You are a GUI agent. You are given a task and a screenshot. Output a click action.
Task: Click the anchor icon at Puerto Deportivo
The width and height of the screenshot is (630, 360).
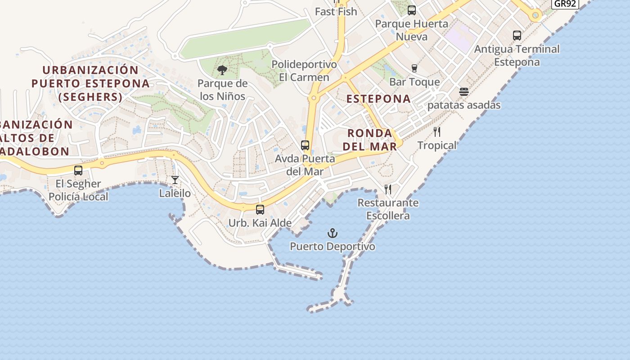pyautogui.click(x=332, y=233)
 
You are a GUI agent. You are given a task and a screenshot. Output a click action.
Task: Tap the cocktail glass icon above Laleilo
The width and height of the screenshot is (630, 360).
pyautogui.click(x=175, y=180)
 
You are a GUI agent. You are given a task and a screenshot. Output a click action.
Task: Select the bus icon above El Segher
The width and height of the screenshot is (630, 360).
pyautogui.click(x=78, y=171)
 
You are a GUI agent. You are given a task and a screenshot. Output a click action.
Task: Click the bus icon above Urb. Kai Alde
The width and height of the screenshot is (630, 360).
pyautogui.click(x=260, y=209)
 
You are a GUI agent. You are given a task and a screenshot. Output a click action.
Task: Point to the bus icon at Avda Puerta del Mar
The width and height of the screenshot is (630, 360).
pyautogui.click(x=305, y=145)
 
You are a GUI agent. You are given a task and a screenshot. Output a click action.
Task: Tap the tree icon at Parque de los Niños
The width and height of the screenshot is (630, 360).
pyautogui.click(x=222, y=70)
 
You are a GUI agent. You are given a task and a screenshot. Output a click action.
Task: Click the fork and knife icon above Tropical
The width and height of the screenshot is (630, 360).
pyautogui.click(x=436, y=132)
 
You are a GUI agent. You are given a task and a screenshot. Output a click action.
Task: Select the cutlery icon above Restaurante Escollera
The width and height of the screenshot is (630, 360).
pyautogui.click(x=388, y=189)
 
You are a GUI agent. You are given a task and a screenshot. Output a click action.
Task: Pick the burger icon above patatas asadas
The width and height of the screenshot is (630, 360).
pyautogui.click(x=464, y=92)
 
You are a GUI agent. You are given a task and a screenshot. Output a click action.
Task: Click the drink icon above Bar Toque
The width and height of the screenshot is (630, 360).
pyautogui.click(x=414, y=68)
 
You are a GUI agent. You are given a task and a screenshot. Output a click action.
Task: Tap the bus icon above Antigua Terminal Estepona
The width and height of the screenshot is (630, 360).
pyautogui.click(x=517, y=36)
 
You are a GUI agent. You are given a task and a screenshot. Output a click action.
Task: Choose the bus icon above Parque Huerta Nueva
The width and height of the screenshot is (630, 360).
pyautogui.click(x=411, y=10)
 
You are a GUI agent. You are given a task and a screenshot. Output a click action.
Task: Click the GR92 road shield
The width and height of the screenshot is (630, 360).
pyautogui.click(x=565, y=4)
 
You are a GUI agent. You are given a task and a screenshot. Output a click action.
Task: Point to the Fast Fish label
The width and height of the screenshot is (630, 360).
pyautogui.click(x=336, y=12)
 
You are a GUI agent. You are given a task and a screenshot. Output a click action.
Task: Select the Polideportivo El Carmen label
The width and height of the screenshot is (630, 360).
pyautogui.click(x=304, y=71)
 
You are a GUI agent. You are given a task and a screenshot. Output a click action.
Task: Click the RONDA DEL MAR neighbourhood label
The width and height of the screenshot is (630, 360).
pyautogui.click(x=370, y=139)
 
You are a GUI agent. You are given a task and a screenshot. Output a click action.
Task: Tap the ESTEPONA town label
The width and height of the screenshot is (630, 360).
pyautogui.click(x=378, y=99)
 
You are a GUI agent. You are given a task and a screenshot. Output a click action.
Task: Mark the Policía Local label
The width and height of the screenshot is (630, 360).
pyautogui.click(x=78, y=197)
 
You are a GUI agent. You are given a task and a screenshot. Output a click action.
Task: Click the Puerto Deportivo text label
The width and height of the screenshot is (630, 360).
pyautogui.click(x=332, y=247)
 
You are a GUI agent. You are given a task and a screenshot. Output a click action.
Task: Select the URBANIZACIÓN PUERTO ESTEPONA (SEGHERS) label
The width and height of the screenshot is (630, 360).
pyautogui.click(x=90, y=83)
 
